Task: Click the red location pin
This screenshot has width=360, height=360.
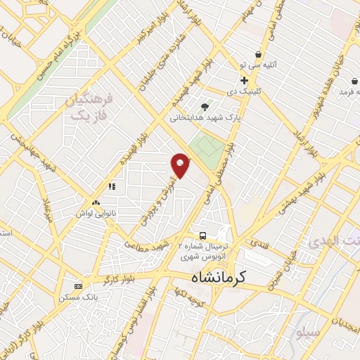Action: tap(181, 165)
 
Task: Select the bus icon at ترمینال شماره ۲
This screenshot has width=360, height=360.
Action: tap(202, 236)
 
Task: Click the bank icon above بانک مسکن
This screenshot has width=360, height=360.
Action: tap(77, 286)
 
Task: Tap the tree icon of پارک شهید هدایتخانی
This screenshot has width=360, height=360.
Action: tap(205, 107)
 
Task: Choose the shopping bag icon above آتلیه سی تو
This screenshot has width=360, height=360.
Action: tap(259, 54)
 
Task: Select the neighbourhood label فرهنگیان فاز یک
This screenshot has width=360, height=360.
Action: tap(89, 106)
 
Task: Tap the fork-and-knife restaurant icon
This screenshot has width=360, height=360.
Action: tap(111, 187)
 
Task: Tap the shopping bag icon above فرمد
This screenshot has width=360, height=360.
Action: tap(346, 79)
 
